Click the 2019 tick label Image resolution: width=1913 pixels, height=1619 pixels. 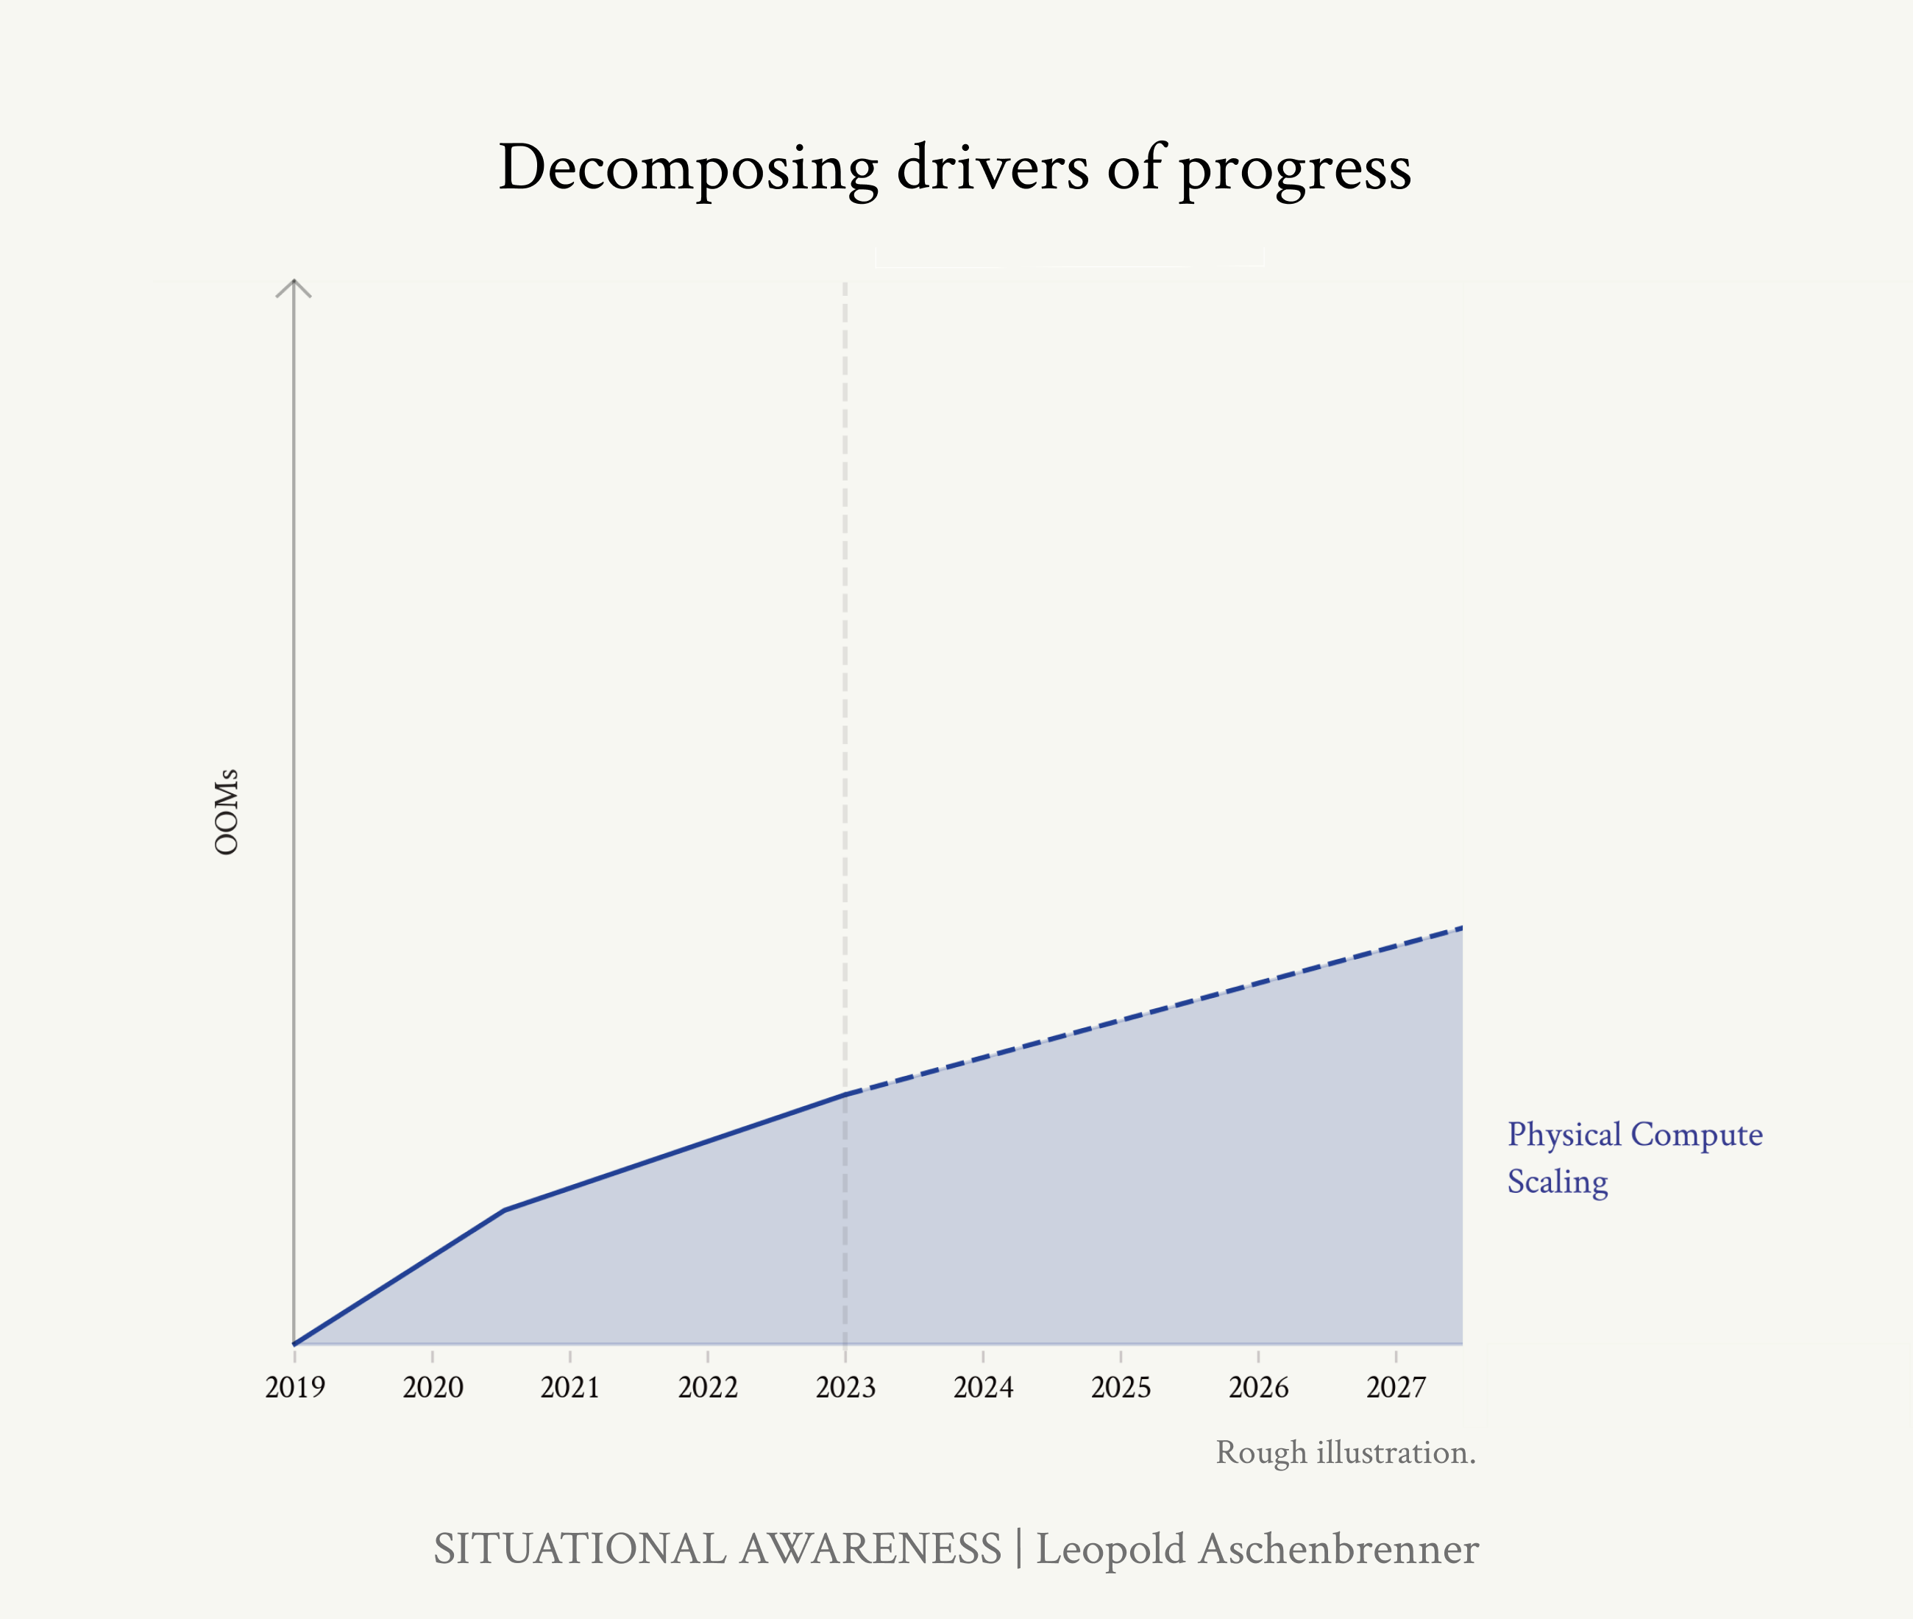pos(294,1386)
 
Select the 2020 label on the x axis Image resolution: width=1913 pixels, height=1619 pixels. pos(432,1386)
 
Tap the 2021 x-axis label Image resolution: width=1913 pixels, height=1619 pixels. pos(569,1386)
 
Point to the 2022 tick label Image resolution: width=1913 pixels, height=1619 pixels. pos(707,1386)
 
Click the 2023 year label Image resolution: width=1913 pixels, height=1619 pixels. pos(845,1386)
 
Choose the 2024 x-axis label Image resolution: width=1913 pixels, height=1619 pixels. pos(983,1386)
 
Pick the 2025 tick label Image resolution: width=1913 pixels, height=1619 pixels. pos(1121,1386)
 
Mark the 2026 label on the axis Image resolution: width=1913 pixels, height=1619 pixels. pos(1258,1386)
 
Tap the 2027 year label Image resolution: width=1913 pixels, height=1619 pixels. pos(1396,1386)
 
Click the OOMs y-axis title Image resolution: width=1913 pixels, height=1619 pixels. pos(227,812)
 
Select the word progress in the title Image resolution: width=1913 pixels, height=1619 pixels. pos(1295,170)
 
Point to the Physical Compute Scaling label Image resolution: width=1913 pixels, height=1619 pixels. pos(1634,1158)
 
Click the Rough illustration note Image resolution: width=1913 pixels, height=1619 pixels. pos(1345,1453)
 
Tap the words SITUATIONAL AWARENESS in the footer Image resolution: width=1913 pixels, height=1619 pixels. pos(717,1549)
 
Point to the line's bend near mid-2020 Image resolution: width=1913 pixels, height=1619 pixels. pos(505,1210)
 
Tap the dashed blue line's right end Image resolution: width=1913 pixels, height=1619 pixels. pos(1461,928)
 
